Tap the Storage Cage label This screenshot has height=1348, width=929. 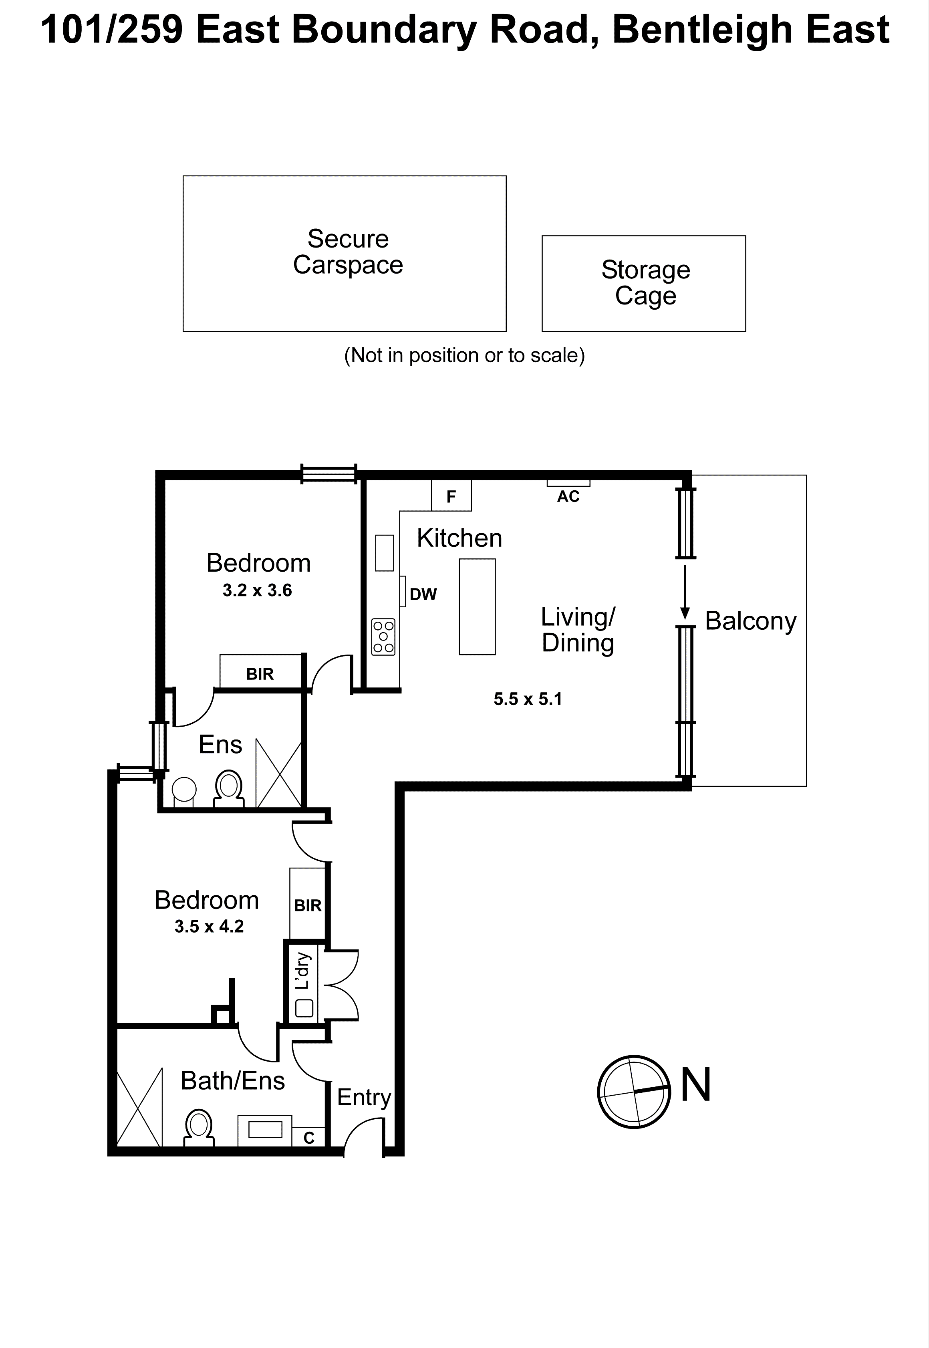(645, 282)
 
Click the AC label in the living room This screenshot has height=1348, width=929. (568, 496)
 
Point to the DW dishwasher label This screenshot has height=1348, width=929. (423, 594)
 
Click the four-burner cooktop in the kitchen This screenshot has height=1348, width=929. (383, 637)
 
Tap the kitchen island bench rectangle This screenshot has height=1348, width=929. (477, 606)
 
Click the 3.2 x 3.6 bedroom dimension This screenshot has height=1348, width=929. (257, 591)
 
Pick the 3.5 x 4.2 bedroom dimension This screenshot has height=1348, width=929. (209, 927)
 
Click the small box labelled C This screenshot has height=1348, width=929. (308, 1137)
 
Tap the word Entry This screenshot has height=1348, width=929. (364, 1098)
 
